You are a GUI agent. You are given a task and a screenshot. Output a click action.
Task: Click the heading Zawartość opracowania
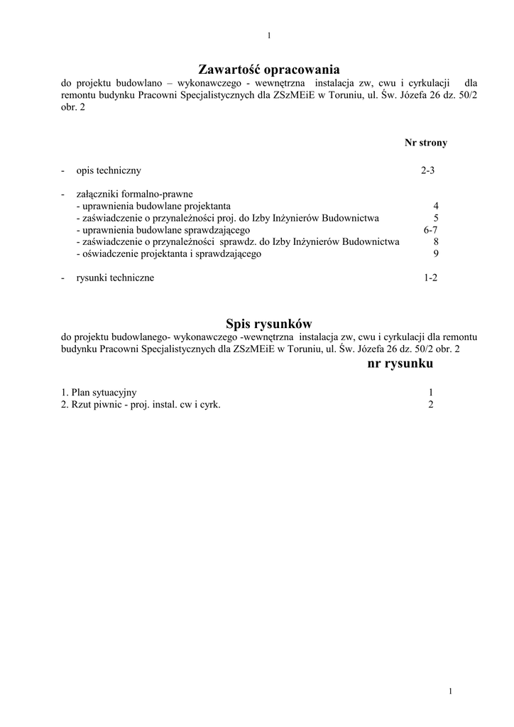269,70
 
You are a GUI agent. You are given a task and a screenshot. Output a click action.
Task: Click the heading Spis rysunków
268,324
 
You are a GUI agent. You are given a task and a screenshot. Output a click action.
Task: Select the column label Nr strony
426,143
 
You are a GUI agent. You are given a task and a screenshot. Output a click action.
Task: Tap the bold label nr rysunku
400,364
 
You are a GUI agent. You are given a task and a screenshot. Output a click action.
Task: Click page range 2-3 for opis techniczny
427,170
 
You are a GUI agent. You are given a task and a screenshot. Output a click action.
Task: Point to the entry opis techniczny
109,170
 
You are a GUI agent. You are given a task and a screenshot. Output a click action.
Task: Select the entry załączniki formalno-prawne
134,194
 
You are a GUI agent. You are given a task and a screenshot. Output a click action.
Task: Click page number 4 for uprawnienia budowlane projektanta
436,206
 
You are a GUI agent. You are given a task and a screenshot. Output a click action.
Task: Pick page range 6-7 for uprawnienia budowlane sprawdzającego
431,230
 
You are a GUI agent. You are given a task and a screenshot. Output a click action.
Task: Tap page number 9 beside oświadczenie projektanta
436,253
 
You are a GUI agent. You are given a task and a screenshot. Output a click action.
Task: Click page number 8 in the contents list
436,242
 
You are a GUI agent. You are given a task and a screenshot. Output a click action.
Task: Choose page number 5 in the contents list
436,218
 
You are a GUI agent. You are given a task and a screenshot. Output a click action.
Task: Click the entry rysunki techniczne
115,278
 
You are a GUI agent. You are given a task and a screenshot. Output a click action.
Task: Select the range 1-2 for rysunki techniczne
431,278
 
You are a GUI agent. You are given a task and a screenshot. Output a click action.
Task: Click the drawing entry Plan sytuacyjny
99,393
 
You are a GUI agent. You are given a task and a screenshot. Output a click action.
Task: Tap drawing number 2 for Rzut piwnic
431,405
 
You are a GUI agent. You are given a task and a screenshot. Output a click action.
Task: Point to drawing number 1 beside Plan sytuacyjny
431,393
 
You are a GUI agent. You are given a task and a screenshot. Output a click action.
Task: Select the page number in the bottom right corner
451,691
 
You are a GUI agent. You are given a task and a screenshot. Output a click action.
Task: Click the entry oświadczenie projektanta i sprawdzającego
168,253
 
